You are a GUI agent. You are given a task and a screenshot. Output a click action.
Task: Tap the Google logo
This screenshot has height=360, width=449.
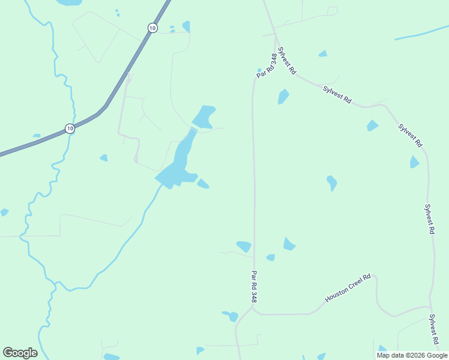coord(20,353)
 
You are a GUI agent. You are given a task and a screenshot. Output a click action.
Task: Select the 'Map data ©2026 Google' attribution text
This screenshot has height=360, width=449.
coord(412,355)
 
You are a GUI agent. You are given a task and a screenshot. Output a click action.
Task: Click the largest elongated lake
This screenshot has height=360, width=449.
coord(178,161)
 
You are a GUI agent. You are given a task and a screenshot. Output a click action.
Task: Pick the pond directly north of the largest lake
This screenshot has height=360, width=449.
coord(203,116)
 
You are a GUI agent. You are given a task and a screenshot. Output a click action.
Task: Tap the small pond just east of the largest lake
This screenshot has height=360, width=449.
coord(203,184)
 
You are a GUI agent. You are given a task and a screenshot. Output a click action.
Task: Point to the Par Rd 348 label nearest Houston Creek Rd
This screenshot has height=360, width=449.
coord(255,286)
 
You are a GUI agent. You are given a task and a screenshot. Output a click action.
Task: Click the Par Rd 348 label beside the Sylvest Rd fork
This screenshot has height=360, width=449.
coord(266,66)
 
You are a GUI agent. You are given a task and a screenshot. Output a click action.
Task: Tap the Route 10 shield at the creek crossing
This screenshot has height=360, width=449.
coord(70,128)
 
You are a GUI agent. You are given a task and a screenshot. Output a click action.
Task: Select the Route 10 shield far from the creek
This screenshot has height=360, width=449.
coord(152,28)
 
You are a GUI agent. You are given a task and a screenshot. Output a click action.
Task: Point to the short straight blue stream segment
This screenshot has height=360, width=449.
coord(421,33)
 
